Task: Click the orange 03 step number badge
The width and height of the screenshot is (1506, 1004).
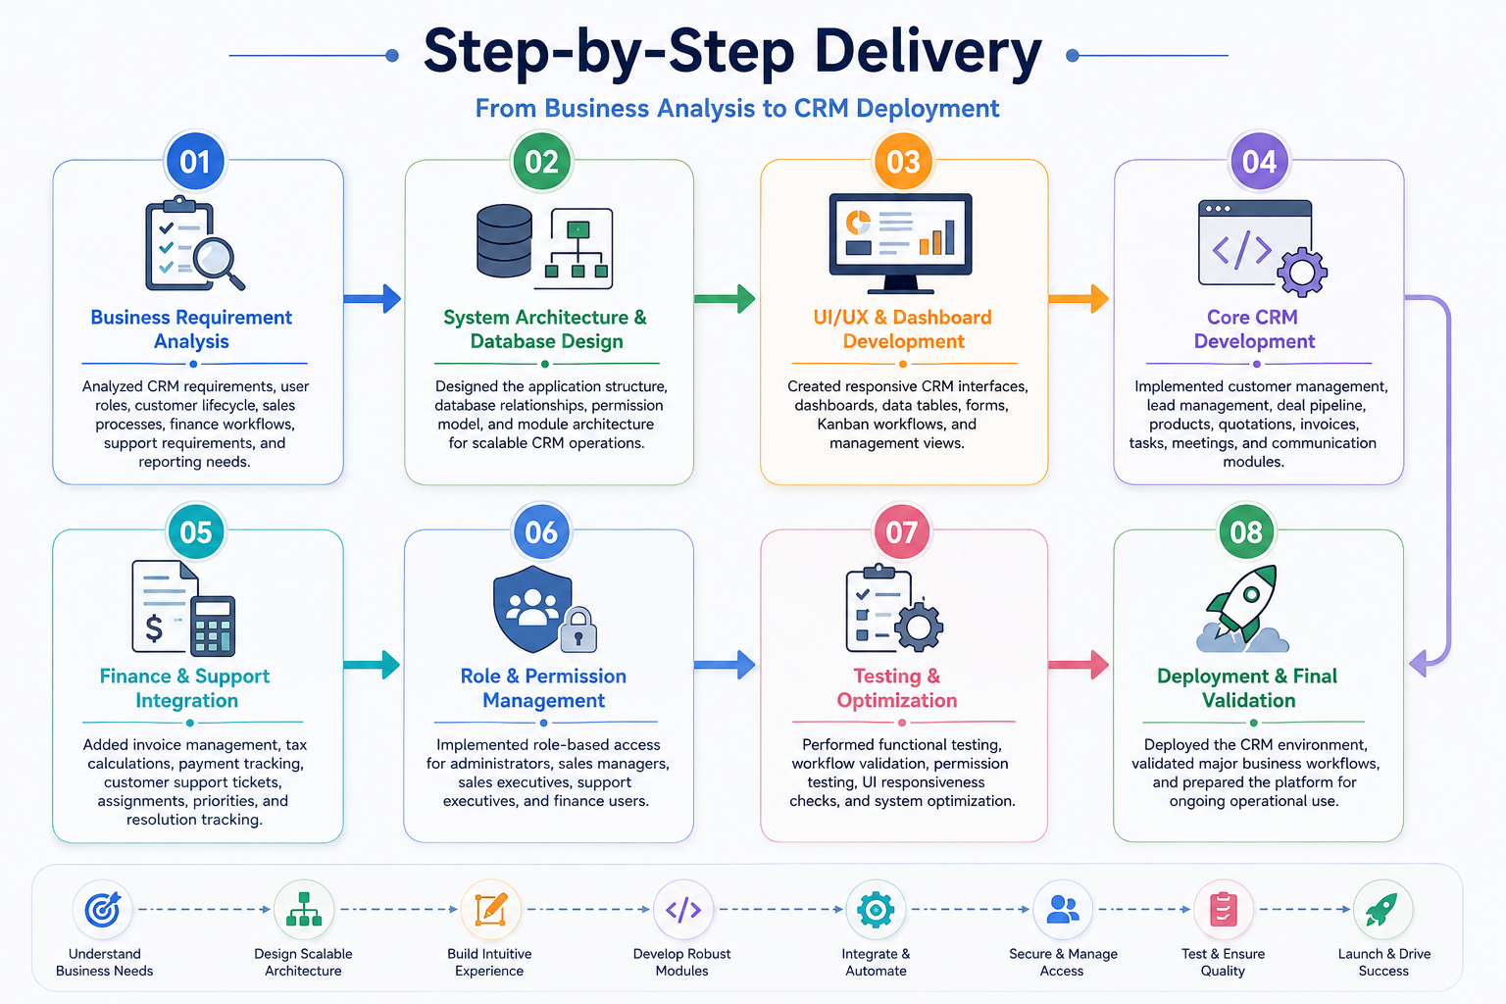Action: (x=903, y=162)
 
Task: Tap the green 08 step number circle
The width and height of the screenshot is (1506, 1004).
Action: (x=1246, y=532)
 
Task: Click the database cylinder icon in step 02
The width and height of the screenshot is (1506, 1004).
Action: (x=504, y=241)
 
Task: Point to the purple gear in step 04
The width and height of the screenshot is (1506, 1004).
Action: (x=1302, y=273)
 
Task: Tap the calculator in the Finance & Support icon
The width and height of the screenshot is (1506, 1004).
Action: (x=213, y=626)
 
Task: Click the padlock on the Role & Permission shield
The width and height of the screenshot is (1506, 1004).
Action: (x=578, y=629)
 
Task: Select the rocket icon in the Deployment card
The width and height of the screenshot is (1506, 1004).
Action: (x=1244, y=608)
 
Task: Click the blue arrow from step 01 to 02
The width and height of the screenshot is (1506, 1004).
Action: (x=373, y=299)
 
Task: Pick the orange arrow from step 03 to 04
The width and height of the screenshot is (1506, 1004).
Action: (x=1079, y=299)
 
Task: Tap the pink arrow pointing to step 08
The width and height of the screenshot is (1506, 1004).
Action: (x=1079, y=665)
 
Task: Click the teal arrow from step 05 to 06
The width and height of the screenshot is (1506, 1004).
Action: (x=372, y=665)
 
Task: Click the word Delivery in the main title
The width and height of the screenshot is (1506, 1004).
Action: (x=928, y=52)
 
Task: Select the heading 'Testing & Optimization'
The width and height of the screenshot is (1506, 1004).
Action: (x=897, y=688)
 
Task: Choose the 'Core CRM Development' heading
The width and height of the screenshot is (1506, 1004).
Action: (x=1254, y=328)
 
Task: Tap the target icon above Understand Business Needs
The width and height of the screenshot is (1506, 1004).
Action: (x=103, y=909)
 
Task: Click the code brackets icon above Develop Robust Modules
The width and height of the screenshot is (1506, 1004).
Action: (x=683, y=910)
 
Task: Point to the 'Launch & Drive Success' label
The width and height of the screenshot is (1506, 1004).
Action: (x=1383, y=962)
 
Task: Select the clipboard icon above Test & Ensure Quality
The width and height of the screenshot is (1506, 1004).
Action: (x=1223, y=909)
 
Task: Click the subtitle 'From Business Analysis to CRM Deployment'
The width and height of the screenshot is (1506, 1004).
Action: (x=737, y=108)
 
